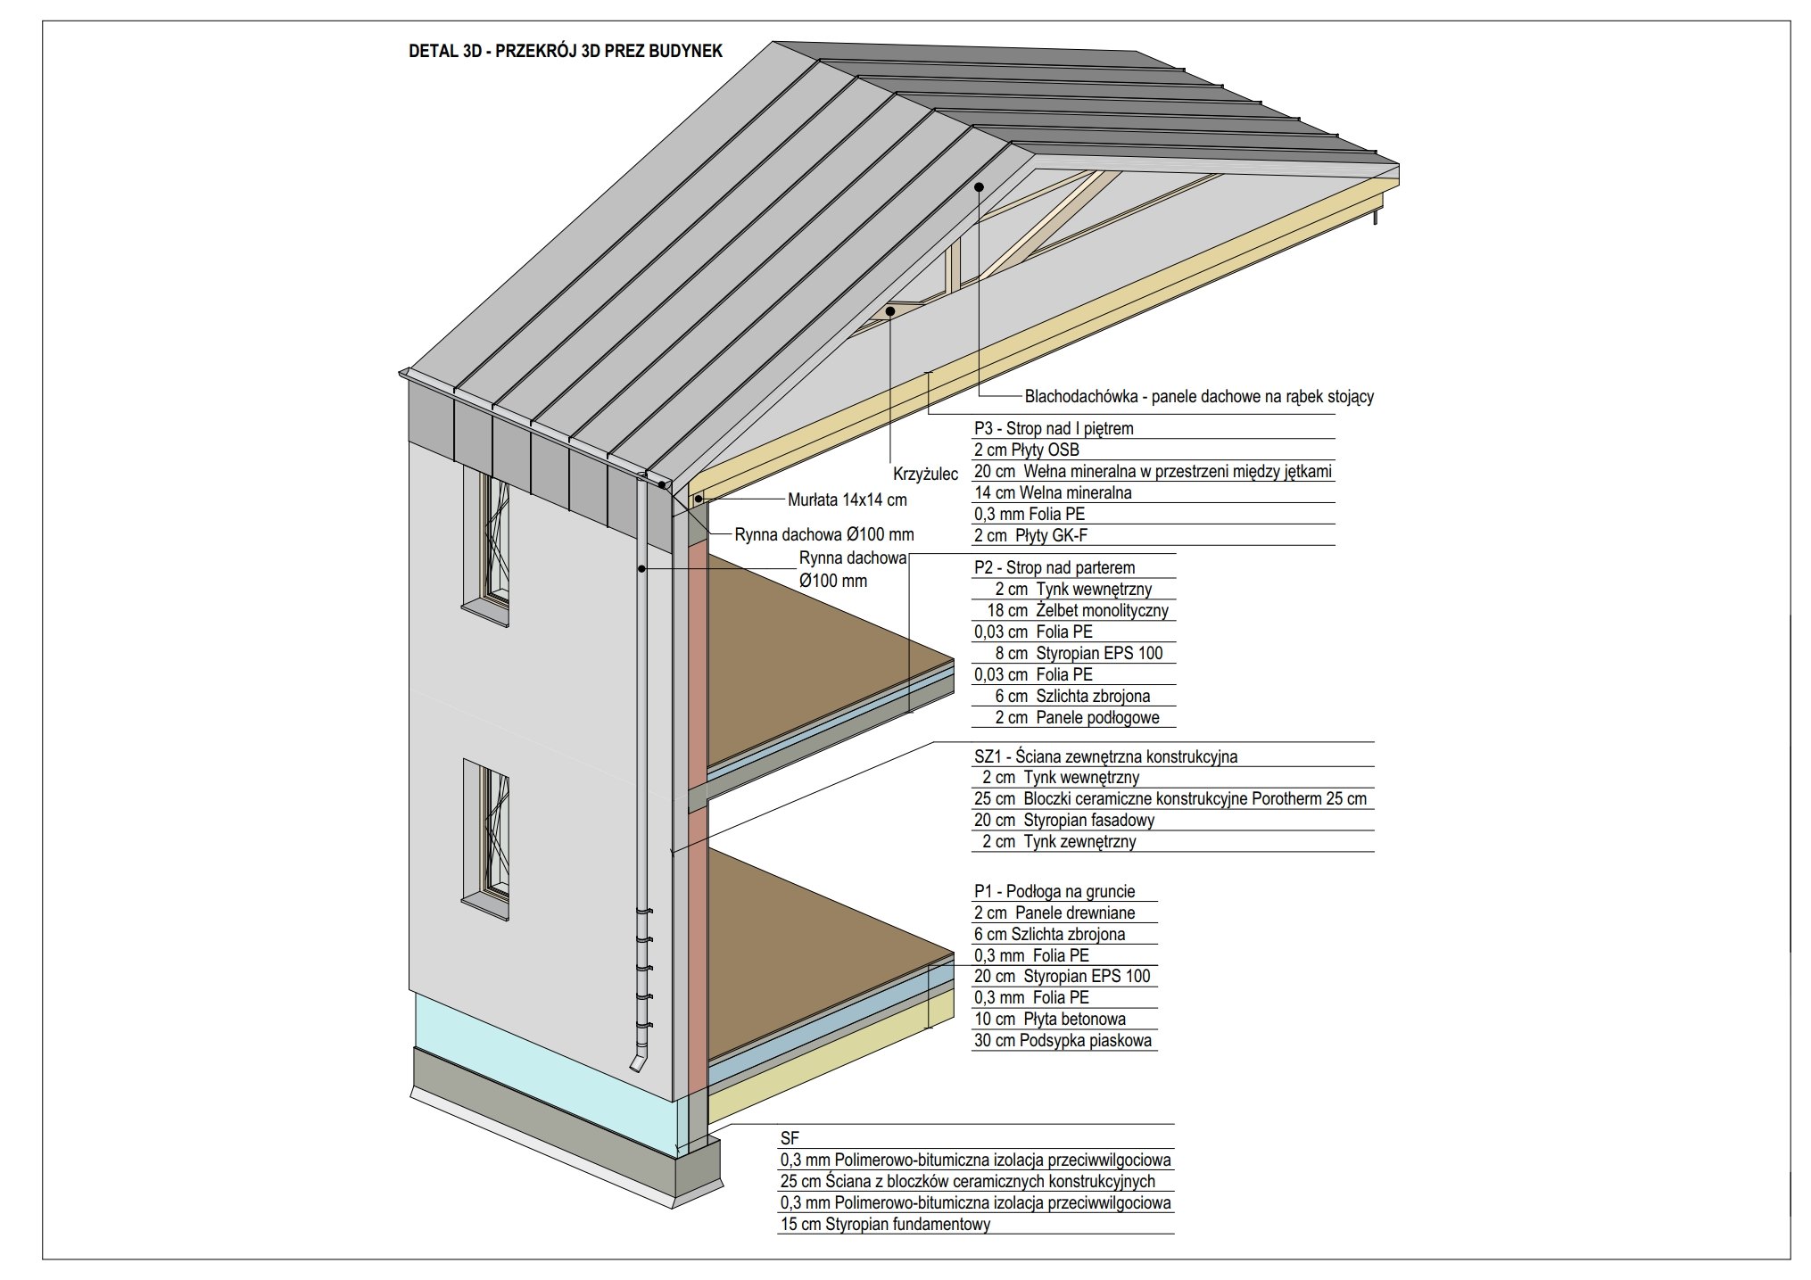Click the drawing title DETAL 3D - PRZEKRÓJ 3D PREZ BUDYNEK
(565, 51)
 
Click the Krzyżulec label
(925, 475)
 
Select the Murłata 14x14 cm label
(847, 500)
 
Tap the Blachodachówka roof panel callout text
(1198, 397)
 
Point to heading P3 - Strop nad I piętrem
(1054, 429)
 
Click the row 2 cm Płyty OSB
(1026, 450)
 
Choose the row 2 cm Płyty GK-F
(1030, 536)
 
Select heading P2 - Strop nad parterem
(1054, 568)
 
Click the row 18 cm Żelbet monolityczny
(1077, 611)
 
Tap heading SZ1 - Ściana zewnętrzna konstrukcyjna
(1105, 757)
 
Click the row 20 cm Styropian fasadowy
(1063, 821)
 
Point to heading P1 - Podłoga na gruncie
(1054, 891)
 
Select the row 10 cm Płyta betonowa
(1049, 1020)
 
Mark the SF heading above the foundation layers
(790, 1139)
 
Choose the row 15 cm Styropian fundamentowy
(885, 1225)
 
